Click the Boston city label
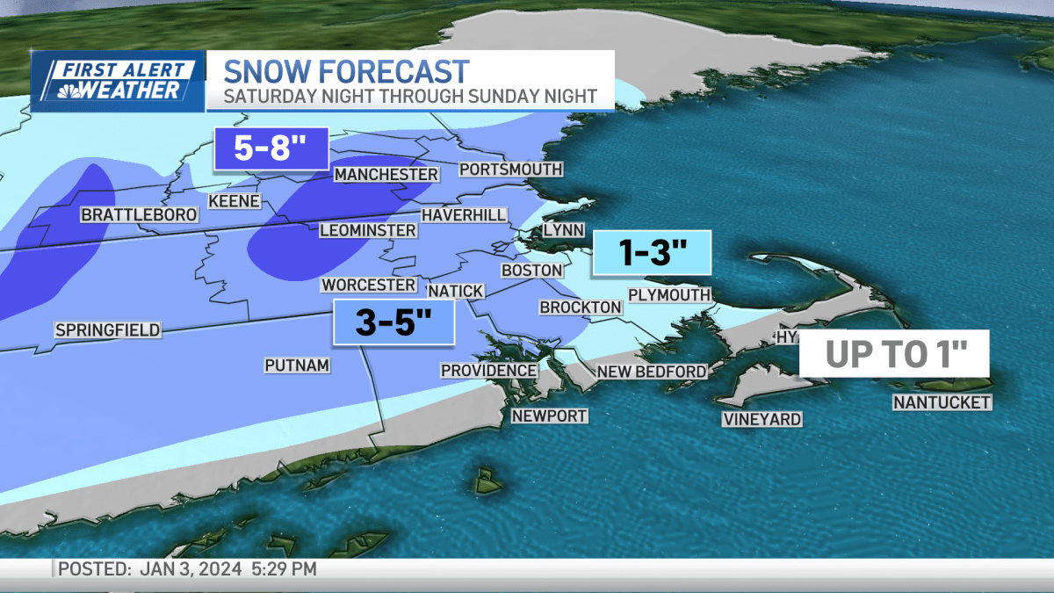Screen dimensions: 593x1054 pyautogui.click(x=531, y=270)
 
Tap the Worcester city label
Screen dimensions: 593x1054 pyautogui.click(x=368, y=285)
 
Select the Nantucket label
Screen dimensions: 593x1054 pyautogui.click(x=942, y=402)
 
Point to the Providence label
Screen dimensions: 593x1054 pyautogui.click(x=488, y=370)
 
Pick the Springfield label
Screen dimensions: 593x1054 pyautogui.click(x=107, y=330)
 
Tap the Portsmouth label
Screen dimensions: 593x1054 pyautogui.click(x=510, y=169)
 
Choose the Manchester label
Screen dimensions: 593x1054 pyautogui.click(x=386, y=175)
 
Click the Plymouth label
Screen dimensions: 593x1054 pyautogui.click(x=668, y=294)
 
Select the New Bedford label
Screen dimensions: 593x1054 pyautogui.click(x=651, y=372)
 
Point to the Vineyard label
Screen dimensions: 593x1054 pyautogui.click(x=762, y=419)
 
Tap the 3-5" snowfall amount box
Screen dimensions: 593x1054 pyautogui.click(x=393, y=322)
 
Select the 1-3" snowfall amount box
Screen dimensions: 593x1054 pyautogui.click(x=652, y=253)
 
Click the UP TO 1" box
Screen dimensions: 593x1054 pyautogui.click(x=895, y=353)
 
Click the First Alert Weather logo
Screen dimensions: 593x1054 pyautogui.click(x=118, y=81)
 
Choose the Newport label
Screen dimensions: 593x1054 pyautogui.click(x=549, y=416)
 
